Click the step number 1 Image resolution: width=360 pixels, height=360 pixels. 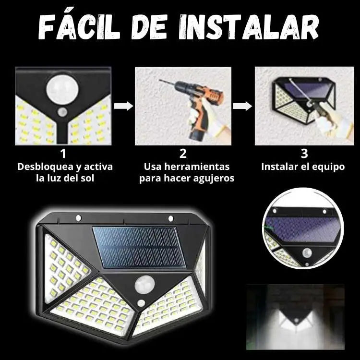tap(63, 154)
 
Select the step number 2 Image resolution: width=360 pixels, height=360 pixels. tap(183, 154)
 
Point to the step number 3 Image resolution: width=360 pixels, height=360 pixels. tap(303, 154)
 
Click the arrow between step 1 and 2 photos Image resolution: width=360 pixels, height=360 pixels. tap(123, 106)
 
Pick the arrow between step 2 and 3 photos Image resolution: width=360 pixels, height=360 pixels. tap(242, 106)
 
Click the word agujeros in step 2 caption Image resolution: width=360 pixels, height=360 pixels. tap(213, 179)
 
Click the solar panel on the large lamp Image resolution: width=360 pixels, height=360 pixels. tap(139, 247)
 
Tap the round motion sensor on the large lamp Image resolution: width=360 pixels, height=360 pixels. tap(143, 285)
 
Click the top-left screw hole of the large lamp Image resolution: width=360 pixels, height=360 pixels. tap(78, 218)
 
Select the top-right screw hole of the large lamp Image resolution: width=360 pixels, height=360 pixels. tap(170, 219)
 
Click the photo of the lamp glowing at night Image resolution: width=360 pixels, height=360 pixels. tap(295, 316)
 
